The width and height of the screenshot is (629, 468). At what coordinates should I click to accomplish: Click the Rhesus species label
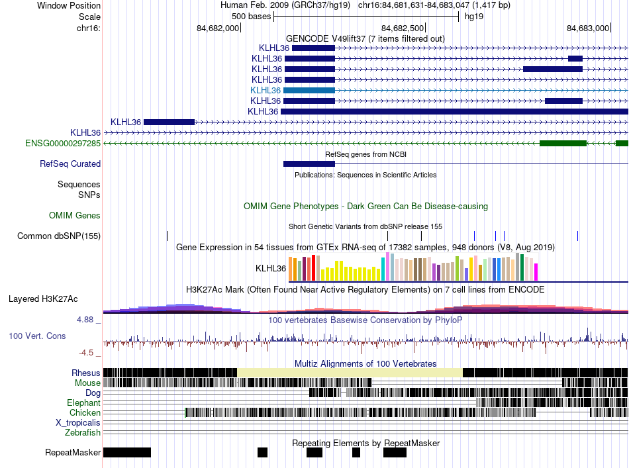click(x=86, y=373)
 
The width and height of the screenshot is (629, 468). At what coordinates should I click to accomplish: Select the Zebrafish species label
click(x=83, y=432)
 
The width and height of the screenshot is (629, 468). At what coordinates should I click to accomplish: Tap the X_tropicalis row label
click(x=78, y=422)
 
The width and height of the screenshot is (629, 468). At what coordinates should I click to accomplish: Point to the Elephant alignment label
click(x=83, y=402)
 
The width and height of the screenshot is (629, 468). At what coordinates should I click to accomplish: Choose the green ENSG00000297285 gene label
click(x=63, y=143)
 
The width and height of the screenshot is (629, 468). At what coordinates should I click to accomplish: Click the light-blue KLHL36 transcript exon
click(x=310, y=90)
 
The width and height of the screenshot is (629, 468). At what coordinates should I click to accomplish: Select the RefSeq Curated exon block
click(x=309, y=164)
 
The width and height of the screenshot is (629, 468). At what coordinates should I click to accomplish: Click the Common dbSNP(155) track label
click(x=59, y=236)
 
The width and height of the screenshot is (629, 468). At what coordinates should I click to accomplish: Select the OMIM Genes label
click(x=75, y=215)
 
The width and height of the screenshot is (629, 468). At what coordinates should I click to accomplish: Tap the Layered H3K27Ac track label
click(x=54, y=299)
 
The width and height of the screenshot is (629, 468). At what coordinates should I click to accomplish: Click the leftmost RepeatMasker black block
click(x=127, y=452)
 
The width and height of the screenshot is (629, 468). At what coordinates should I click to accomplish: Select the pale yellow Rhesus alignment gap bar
click(x=350, y=373)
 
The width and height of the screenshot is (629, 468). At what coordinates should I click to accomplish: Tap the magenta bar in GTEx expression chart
click(x=536, y=272)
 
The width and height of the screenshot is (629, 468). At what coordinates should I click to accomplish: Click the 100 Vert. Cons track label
click(x=37, y=336)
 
